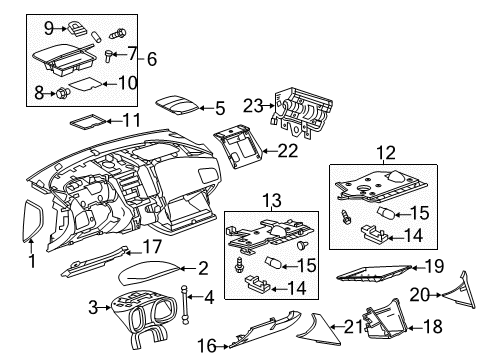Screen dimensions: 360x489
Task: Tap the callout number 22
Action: pyautogui.click(x=288, y=151)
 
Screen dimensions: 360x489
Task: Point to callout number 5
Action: pyautogui.click(x=219, y=107)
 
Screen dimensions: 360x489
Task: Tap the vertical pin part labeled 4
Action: pyautogui.click(x=185, y=296)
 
